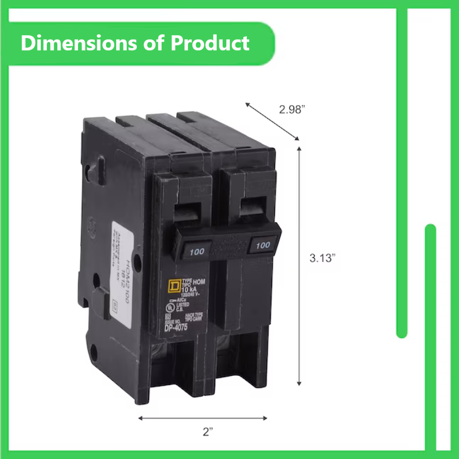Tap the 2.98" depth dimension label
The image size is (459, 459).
tap(292, 110)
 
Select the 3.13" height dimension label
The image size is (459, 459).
tap(322, 258)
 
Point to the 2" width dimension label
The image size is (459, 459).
tap(208, 431)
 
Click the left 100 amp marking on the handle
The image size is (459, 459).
tap(197, 251)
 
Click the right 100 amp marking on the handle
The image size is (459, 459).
tap(263, 245)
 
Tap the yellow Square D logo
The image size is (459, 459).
tap(174, 286)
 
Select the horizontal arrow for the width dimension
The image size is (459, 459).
tap(202, 418)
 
